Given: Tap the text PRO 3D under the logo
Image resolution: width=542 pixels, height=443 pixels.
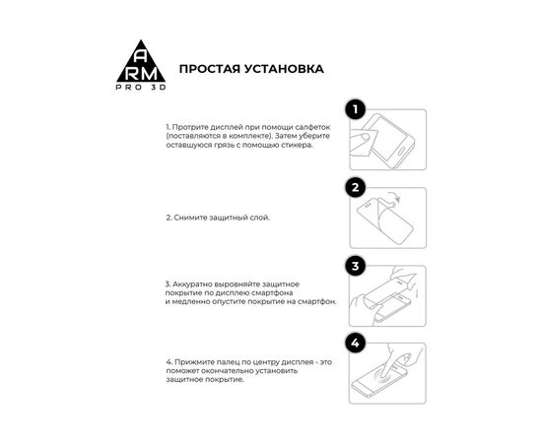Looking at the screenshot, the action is click(x=141, y=88).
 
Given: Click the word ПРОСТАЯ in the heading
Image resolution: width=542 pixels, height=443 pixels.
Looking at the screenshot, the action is click(x=210, y=69).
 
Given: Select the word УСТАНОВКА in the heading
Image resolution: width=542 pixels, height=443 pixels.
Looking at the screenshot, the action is click(x=285, y=69).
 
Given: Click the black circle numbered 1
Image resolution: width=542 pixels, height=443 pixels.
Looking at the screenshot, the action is click(x=356, y=110).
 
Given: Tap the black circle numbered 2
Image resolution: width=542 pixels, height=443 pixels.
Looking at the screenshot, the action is click(x=356, y=188).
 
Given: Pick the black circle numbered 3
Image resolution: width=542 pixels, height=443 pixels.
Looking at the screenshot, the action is click(x=356, y=266).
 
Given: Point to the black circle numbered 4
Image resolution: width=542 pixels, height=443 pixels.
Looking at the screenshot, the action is click(x=356, y=344).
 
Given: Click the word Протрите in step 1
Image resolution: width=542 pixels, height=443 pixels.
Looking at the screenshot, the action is click(x=190, y=127).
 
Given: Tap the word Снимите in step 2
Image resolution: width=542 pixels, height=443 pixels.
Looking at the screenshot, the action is click(x=190, y=218).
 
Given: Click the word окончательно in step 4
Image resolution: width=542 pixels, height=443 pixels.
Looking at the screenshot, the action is click(x=228, y=371).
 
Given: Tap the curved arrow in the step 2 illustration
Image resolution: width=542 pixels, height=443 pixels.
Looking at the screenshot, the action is click(x=394, y=198).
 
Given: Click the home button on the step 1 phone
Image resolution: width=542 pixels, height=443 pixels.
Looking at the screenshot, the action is click(x=403, y=151).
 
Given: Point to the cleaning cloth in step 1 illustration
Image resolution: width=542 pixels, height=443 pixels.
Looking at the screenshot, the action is click(x=363, y=142).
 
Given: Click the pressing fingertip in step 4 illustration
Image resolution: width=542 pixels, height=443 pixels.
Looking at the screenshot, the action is click(x=383, y=373).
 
